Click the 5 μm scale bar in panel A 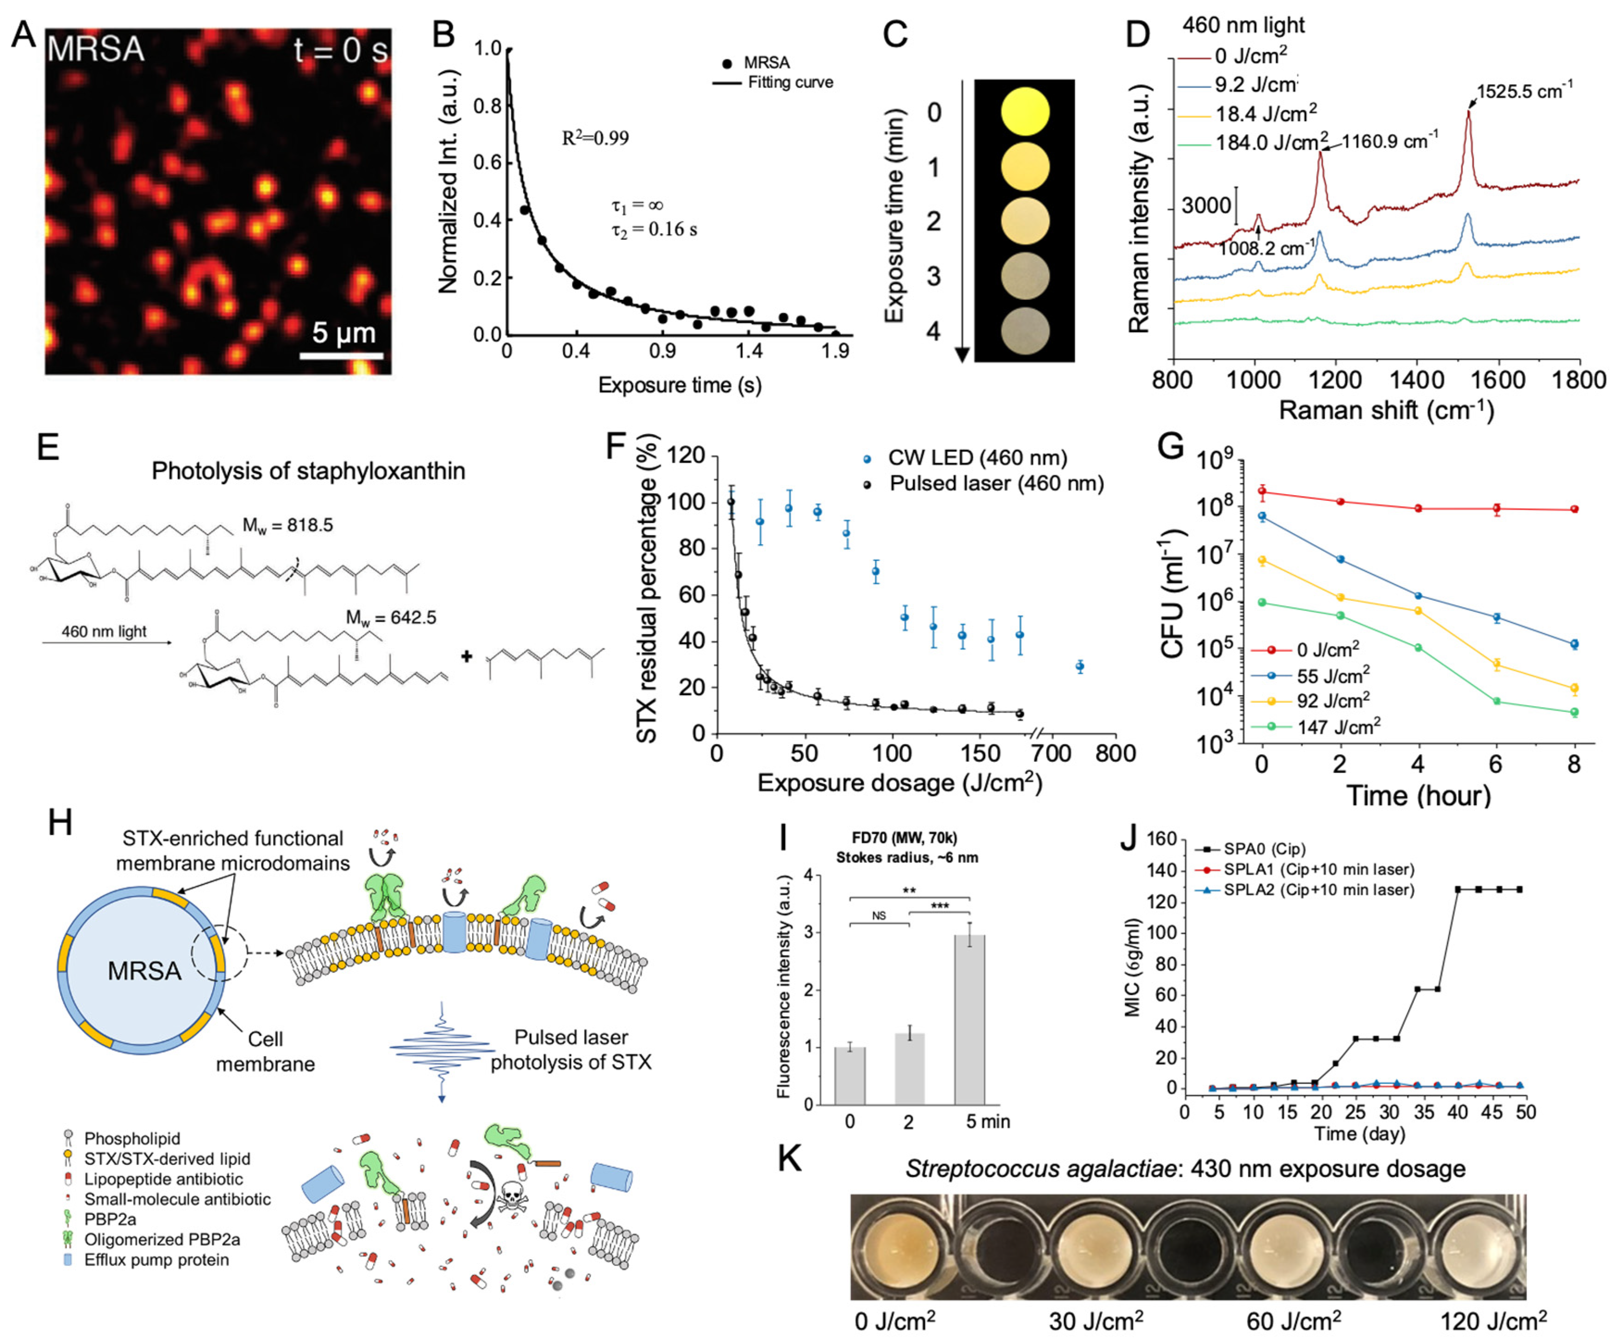(341, 355)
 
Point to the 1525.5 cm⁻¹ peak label (1524, 92)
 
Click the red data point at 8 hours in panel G (1574, 509)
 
